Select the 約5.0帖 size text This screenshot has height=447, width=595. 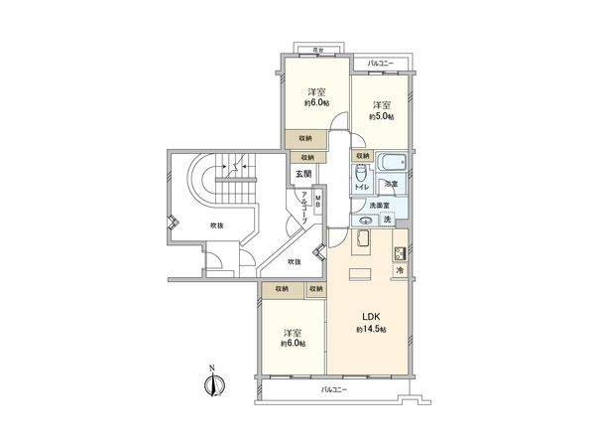(382, 117)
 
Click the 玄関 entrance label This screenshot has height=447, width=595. (302, 174)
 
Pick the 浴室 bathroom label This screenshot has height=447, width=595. (393, 185)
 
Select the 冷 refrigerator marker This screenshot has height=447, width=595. (400, 271)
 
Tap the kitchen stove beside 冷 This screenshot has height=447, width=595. (400, 252)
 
